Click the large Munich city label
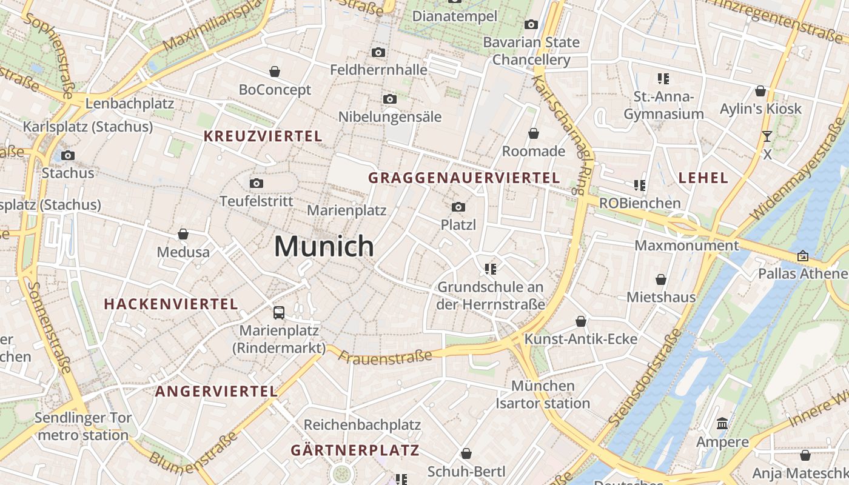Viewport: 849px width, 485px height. (324, 246)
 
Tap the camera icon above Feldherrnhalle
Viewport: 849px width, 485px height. (378, 53)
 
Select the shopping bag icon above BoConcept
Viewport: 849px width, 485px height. (275, 72)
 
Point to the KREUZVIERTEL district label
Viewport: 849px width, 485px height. (263, 136)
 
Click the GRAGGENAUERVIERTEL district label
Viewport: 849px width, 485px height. (464, 178)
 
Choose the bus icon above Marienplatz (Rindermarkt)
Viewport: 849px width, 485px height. (279, 313)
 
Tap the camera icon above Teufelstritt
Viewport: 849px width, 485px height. (257, 183)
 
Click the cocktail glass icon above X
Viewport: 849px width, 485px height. (767, 136)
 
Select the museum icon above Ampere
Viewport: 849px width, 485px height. (722, 423)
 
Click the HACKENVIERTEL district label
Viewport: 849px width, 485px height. (171, 304)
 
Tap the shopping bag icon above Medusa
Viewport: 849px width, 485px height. (183, 234)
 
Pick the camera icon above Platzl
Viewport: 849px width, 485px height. (458, 207)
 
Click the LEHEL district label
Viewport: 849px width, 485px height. (703, 178)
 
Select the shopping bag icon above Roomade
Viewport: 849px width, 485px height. (534, 133)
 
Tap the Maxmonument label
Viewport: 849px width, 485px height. (686, 246)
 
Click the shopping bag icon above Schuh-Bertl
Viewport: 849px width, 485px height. (466, 453)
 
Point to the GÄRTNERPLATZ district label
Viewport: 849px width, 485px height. (355, 450)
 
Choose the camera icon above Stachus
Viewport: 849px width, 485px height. (68, 155)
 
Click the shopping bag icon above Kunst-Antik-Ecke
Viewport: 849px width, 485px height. (581, 321)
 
